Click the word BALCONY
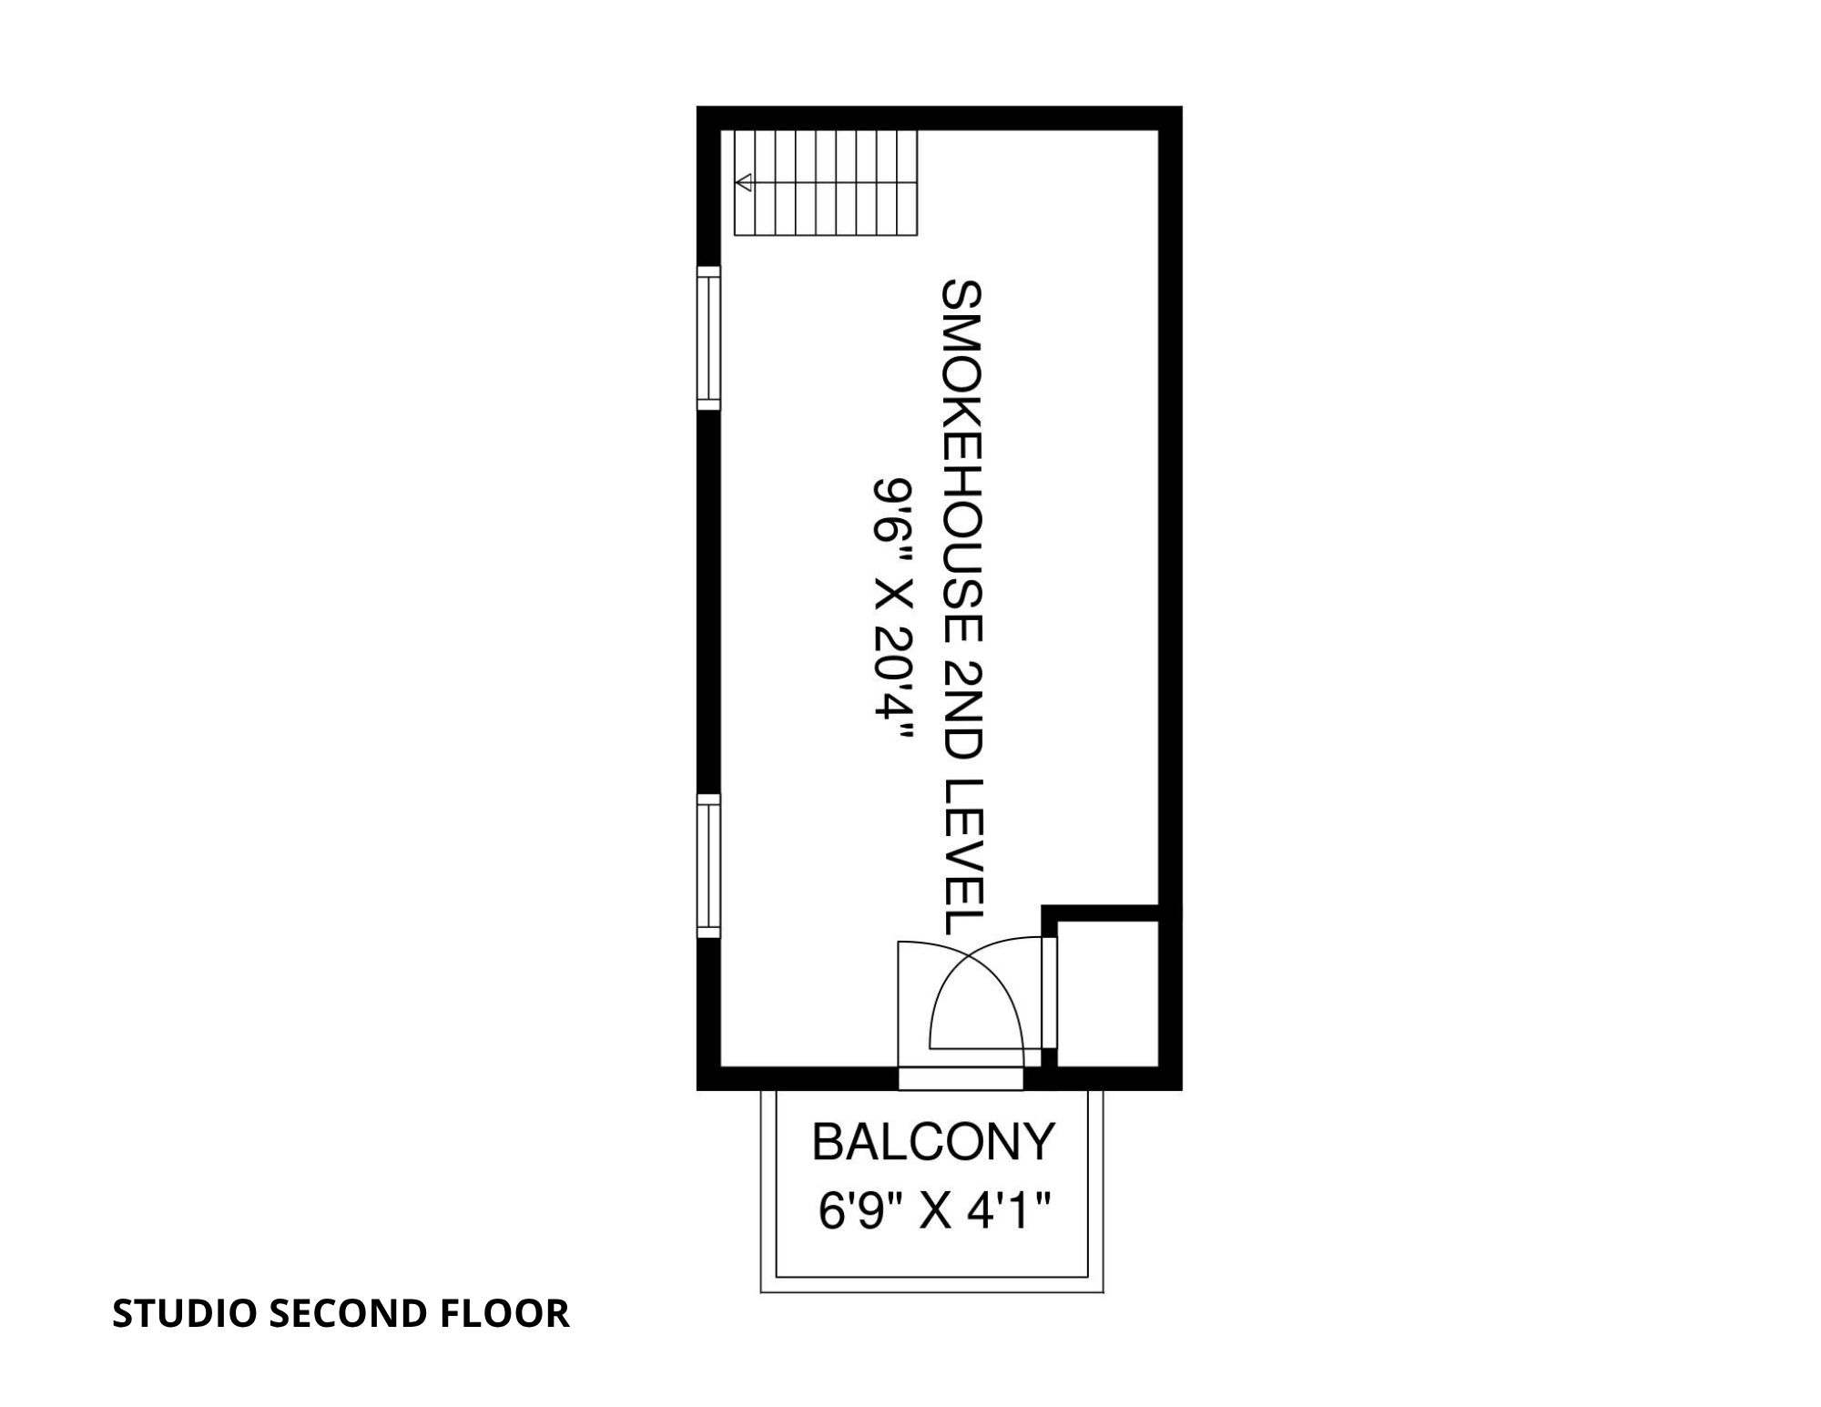(933, 1142)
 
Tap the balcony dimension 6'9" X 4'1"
(935, 1212)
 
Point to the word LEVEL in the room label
(961, 857)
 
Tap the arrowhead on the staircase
(743, 183)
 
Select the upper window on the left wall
(708, 338)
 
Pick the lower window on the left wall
(708, 866)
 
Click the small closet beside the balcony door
(1107, 993)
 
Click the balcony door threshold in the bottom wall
(961, 1078)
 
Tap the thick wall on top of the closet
(1100, 913)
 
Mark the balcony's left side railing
(768, 1191)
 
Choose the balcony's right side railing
(1096, 1191)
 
